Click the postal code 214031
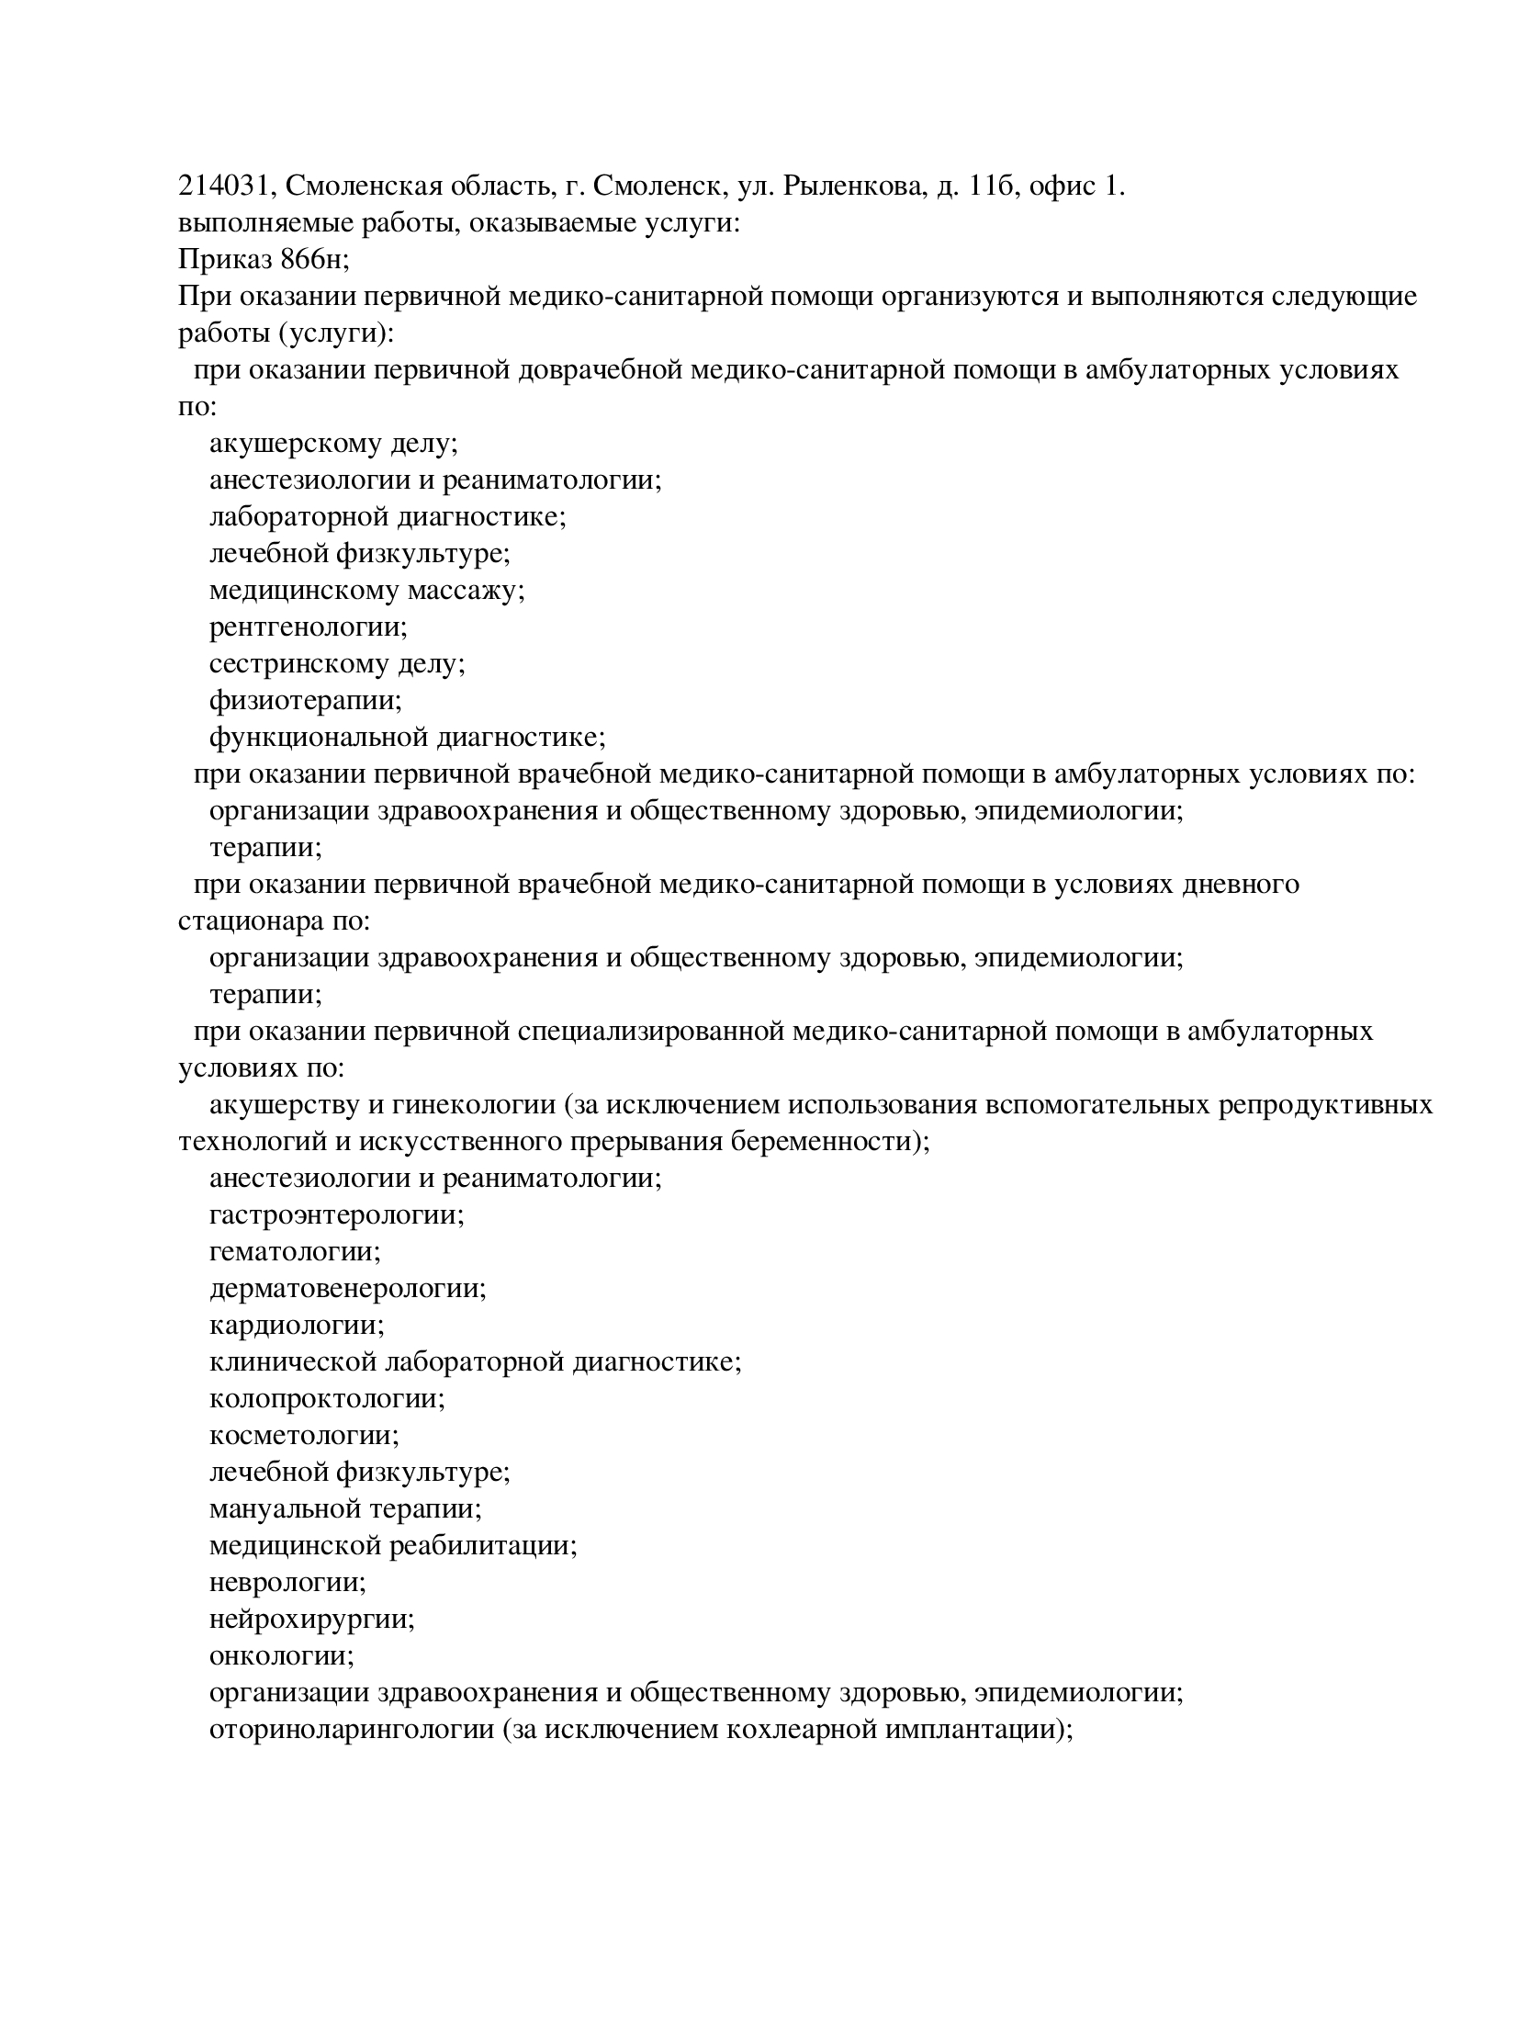tap(222, 186)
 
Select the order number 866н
tap(311, 260)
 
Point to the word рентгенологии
tap(306, 627)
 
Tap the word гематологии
tap(294, 1252)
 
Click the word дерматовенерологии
tap(345, 1289)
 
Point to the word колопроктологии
tap(325, 1399)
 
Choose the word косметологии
tap(302, 1436)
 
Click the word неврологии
tap(286, 1583)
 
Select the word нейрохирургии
tap(310, 1620)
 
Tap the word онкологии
tap(280, 1656)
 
